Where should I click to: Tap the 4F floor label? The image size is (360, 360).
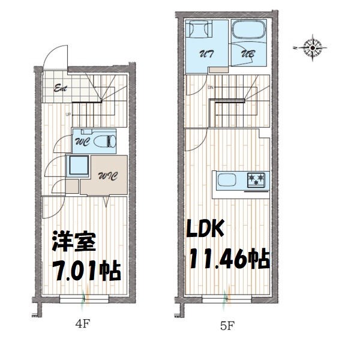click(83, 326)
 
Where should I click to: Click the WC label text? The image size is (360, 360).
click(83, 143)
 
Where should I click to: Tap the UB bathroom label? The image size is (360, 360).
click(247, 54)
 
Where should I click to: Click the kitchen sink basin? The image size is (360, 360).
click(228, 179)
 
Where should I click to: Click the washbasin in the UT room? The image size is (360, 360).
click(198, 29)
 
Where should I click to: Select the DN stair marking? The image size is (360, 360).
click(210, 88)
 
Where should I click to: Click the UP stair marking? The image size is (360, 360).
click(68, 114)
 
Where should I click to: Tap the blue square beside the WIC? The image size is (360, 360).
click(78, 165)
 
